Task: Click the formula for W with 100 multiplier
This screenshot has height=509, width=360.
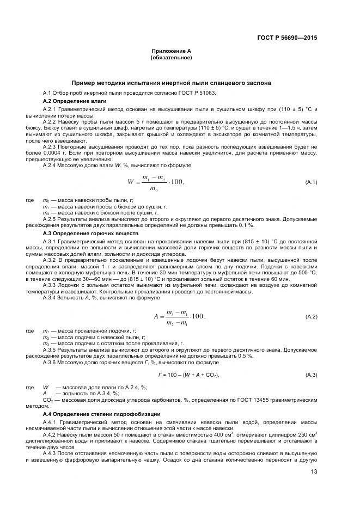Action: pos(156,182)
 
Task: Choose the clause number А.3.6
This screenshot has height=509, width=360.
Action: pos(50,361)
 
